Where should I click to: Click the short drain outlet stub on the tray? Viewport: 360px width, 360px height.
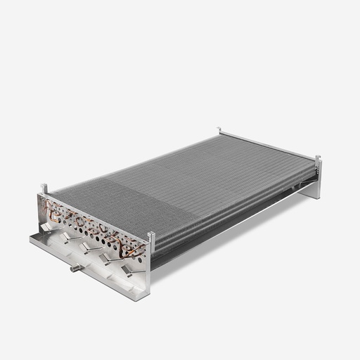(73, 268)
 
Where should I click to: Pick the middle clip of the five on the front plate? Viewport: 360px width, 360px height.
(86, 248)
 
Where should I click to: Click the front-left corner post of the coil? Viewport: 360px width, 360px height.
(44, 188)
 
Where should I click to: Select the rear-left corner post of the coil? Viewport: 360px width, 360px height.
(219, 131)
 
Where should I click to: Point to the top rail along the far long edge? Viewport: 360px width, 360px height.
(267, 145)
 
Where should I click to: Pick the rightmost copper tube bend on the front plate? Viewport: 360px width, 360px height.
(138, 247)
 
